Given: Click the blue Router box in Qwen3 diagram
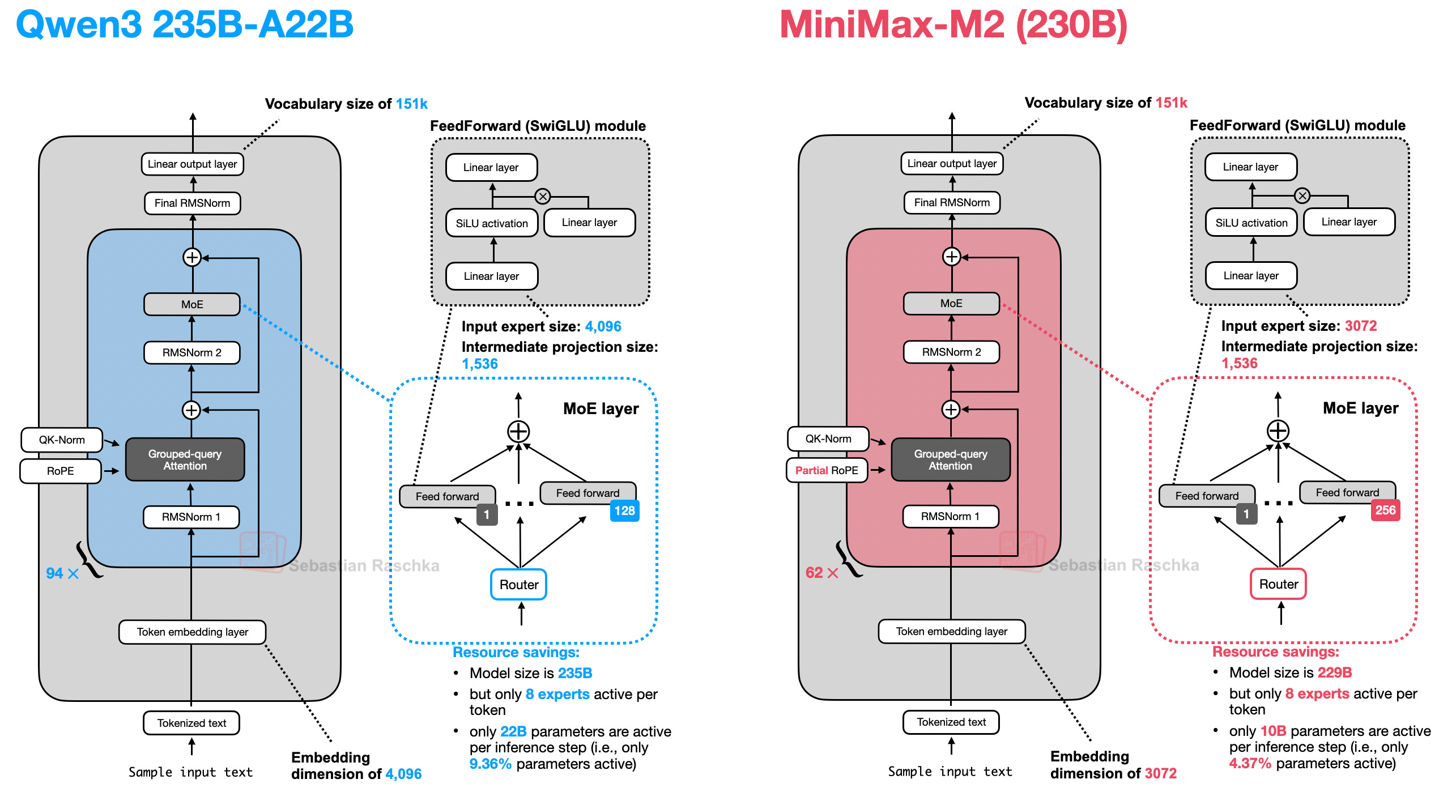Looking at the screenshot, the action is [x=518, y=584].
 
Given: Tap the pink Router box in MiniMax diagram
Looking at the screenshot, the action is [x=1278, y=584].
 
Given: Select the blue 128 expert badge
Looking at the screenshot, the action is [x=625, y=510].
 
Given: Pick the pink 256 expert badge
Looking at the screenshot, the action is [x=1385, y=510].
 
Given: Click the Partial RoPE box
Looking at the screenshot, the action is [x=827, y=470].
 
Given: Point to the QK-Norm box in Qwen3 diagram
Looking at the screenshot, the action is [x=62, y=440].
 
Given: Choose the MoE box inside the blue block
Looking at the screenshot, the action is [x=192, y=304].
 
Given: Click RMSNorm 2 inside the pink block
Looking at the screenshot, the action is [x=951, y=352].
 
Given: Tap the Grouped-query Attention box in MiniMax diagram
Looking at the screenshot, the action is [x=951, y=459].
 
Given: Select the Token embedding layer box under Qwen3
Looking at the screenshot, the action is [x=192, y=632].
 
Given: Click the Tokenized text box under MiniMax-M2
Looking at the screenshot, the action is [x=951, y=722].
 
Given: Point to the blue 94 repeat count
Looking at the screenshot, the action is [x=54, y=573].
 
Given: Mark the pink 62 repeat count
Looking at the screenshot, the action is [x=814, y=572].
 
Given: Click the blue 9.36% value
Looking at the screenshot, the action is [x=490, y=764].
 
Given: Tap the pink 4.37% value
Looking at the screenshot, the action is [x=1250, y=763].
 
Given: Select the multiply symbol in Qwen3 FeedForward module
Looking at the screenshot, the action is [x=543, y=197].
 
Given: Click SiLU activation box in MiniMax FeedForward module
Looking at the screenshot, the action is [x=1251, y=223].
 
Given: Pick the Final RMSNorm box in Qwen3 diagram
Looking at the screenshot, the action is [x=193, y=203].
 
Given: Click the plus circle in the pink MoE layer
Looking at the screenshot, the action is [x=1278, y=431].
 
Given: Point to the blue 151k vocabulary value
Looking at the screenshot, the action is [x=412, y=104].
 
